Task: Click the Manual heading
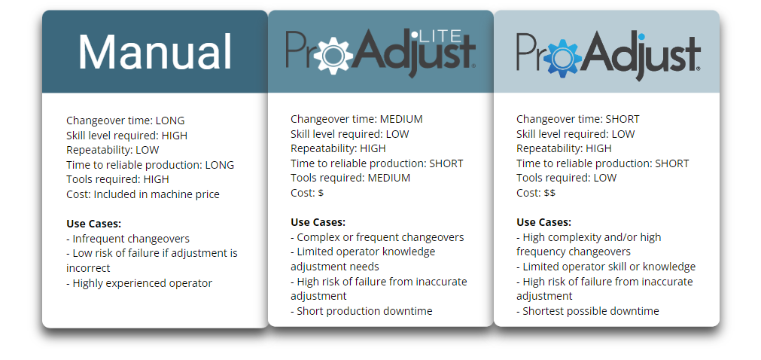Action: click(x=155, y=53)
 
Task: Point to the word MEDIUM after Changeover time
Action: click(x=401, y=119)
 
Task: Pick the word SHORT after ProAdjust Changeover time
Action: click(x=622, y=119)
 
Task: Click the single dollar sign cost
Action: click(x=321, y=193)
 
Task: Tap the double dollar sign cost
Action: click(x=549, y=193)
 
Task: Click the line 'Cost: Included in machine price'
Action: click(x=143, y=194)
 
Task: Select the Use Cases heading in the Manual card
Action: click(x=93, y=224)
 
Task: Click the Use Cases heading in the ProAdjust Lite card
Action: click(x=318, y=222)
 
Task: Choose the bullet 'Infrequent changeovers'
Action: click(x=128, y=238)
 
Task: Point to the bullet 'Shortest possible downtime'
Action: click(x=587, y=311)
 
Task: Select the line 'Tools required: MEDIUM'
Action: click(x=351, y=178)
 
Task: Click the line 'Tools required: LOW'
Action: click(x=566, y=178)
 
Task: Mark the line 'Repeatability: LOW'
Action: click(x=112, y=150)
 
